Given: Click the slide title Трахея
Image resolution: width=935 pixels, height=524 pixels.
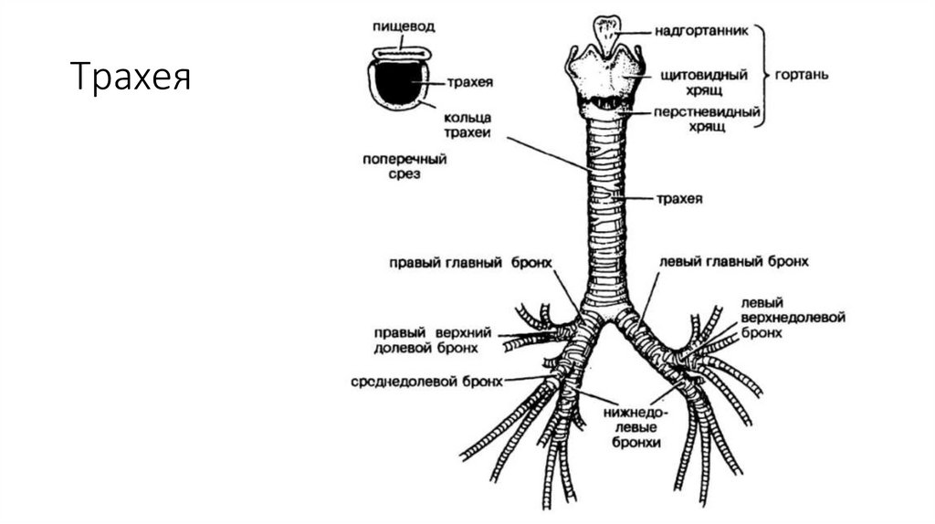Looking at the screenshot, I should click(x=131, y=78).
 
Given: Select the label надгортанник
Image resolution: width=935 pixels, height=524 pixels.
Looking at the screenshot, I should click(x=700, y=30).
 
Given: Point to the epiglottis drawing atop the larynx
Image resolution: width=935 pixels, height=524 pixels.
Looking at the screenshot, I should click(x=604, y=33).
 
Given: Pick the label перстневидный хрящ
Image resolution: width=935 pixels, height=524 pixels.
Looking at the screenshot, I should click(x=701, y=120).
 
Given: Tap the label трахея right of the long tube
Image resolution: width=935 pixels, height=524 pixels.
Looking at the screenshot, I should click(x=678, y=198).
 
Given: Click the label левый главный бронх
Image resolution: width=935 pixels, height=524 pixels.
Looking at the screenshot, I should click(x=734, y=262).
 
